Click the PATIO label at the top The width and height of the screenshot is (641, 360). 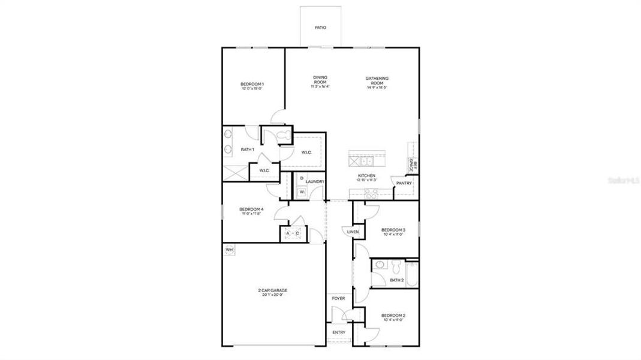pos(320,28)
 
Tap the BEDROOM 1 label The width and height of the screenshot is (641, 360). pos(252,84)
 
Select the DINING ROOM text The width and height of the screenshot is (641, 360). pos(320,79)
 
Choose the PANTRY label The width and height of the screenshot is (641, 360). pos(404,183)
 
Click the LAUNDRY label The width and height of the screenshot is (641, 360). pos(315,182)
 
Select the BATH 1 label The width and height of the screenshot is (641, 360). pos(248,149)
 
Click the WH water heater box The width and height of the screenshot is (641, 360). pos(229,249)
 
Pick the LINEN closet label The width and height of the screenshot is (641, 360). pos(353,231)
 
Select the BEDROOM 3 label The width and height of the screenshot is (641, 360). pos(393,230)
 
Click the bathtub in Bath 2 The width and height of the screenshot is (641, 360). pos(411,272)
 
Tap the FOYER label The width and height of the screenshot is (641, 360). pos(338,298)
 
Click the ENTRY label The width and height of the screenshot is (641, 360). pos(339,332)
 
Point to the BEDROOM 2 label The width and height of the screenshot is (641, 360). pos(393,316)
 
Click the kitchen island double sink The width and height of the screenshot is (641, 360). pos(361,160)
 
